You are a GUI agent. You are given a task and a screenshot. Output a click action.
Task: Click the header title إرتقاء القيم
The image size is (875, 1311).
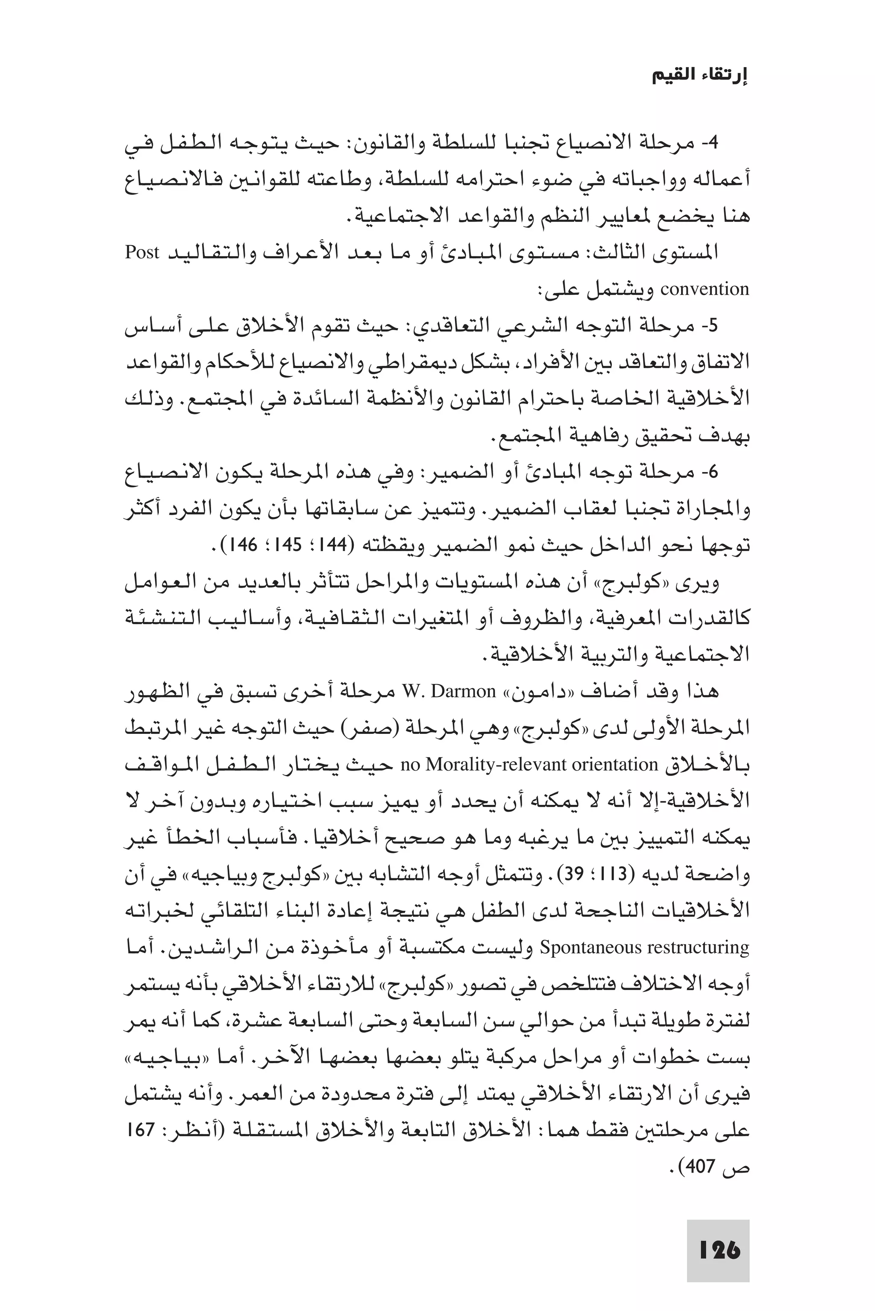(700, 76)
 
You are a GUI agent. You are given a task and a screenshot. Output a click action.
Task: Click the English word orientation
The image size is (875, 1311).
(620, 764)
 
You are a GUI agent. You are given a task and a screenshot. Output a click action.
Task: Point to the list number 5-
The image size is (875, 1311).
(711, 326)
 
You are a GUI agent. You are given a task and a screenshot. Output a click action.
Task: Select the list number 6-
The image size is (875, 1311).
(711, 472)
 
